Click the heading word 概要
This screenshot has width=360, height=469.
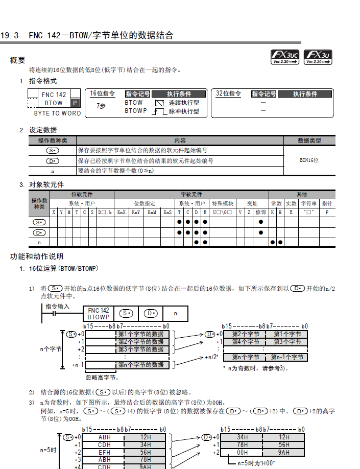click(17, 60)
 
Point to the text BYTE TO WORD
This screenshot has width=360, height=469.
click(57, 113)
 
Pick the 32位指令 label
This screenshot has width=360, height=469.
click(228, 93)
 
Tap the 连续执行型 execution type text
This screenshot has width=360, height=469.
click(184, 102)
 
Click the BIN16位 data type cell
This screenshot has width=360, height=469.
click(309, 160)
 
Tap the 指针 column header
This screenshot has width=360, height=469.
click(327, 203)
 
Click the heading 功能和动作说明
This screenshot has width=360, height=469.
click(37, 256)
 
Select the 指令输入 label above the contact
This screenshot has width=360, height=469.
click(57, 307)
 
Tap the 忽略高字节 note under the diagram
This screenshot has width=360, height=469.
click(102, 378)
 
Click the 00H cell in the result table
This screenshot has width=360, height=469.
click(242, 452)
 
